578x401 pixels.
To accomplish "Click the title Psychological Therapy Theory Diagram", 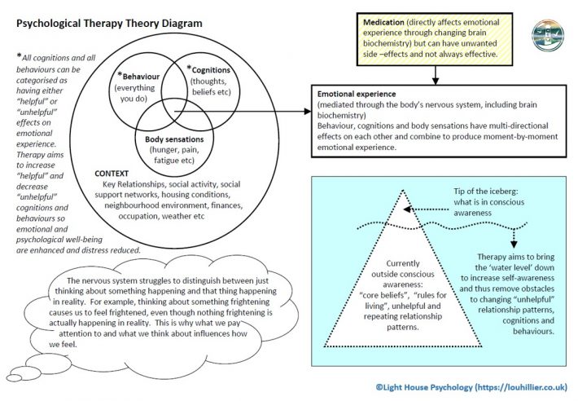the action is (109, 24).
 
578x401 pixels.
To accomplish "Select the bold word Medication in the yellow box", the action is (383, 22).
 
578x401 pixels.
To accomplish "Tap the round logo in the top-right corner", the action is (548, 35).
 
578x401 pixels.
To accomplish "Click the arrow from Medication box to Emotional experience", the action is (436, 75).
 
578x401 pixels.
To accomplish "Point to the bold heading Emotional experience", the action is (357, 94).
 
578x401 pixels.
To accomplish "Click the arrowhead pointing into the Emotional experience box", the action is (308, 112).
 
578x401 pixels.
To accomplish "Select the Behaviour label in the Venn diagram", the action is (141, 77).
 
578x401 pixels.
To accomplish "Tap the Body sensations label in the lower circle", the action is (174, 139).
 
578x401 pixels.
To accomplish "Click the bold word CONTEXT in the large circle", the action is (112, 174).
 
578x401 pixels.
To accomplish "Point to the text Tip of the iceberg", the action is (486, 191).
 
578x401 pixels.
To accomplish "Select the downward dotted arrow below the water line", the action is (514, 238).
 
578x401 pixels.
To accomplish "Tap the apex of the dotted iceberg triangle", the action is (403, 190).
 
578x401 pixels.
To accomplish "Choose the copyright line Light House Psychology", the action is (471, 387).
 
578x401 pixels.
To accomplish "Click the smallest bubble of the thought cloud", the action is (14, 377).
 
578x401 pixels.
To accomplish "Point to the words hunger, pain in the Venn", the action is (174, 150).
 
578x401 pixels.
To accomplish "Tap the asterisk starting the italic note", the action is (19, 55).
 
